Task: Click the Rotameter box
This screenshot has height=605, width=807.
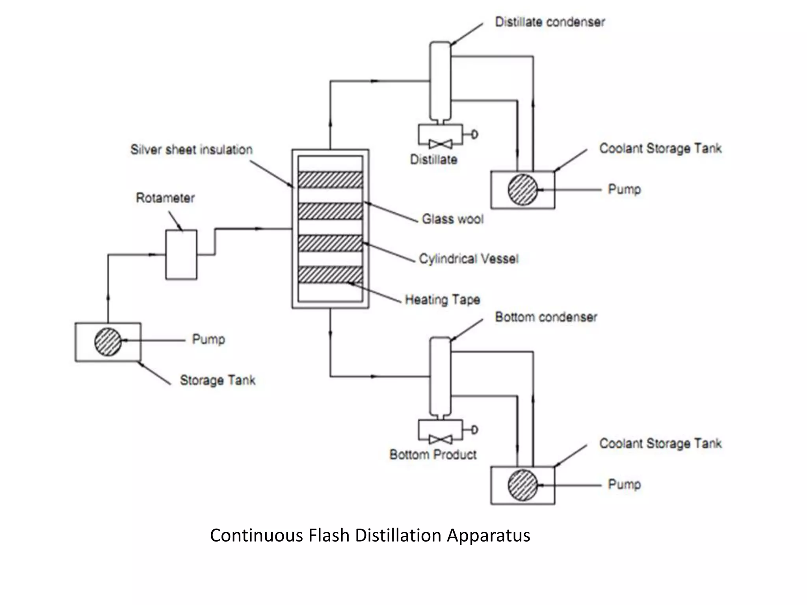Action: (x=181, y=255)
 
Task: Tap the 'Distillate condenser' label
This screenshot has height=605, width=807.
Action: (x=550, y=22)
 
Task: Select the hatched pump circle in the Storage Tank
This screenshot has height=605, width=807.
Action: (x=108, y=341)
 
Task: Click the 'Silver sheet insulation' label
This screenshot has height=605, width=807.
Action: (x=192, y=150)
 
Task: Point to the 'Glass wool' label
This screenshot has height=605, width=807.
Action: (x=452, y=219)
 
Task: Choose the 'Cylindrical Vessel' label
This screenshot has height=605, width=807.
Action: (x=469, y=259)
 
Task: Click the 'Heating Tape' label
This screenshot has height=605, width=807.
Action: (x=443, y=300)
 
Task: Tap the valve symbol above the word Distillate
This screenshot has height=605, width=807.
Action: (x=441, y=144)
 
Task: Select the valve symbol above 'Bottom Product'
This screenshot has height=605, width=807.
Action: (x=441, y=440)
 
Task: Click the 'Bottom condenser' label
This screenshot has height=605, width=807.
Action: (x=546, y=317)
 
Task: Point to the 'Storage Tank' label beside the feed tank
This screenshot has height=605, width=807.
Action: (x=218, y=380)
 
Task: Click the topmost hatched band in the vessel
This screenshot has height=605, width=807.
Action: (x=330, y=180)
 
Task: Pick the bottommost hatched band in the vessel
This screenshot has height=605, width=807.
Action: (x=330, y=275)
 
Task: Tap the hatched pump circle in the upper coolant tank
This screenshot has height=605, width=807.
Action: (x=523, y=190)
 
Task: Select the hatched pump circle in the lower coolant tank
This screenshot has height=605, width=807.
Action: (x=523, y=485)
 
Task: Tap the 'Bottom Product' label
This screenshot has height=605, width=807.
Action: (x=433, y=455)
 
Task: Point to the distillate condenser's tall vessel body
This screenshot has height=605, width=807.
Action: (x=440, y=81)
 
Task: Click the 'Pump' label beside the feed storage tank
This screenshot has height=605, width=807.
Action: (x=208, y=339)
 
